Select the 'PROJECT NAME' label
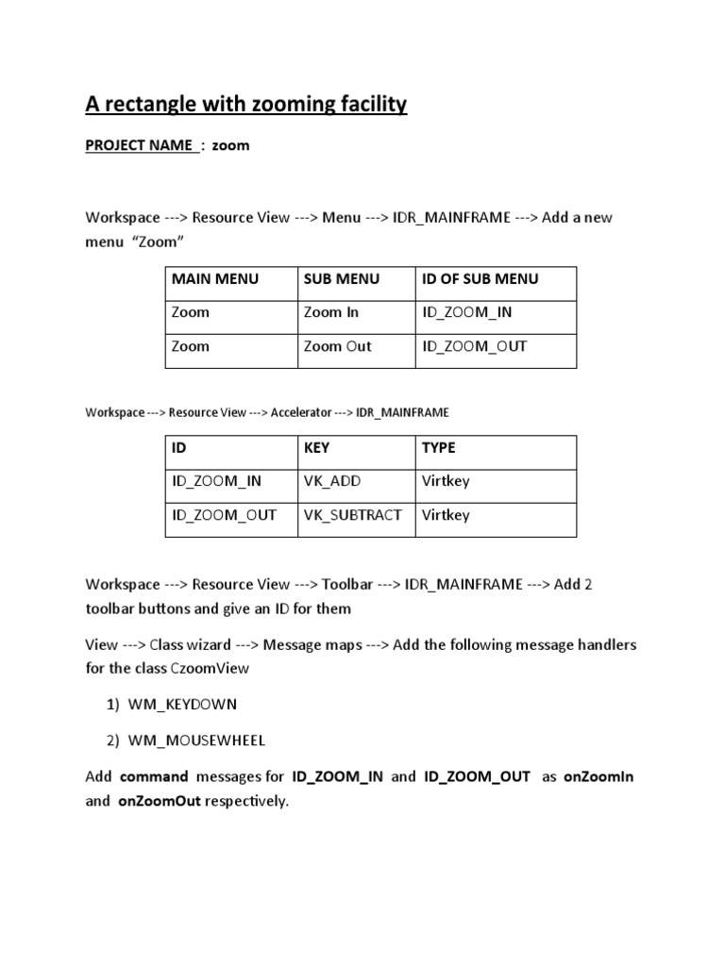click(x=140, y=146)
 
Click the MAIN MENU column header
click(x=214, y=278)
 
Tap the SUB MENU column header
click(x=341, y=278)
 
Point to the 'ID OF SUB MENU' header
click(x=481, y=278)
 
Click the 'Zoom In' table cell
click(x=331, y=312)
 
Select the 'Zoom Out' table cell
click(x=337, y=346)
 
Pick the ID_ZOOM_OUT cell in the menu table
click(x=474, y=346)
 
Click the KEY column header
click(x=316, y=447)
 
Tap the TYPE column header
click(x=438, y=447)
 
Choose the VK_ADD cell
click(x=331, y=481)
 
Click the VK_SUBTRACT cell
click(x=352, y=515)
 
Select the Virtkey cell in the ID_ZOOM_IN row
click(x=446, y=481)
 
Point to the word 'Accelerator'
click(x=301, y=412)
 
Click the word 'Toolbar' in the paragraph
click(x=347, y=584)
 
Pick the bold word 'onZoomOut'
click(x=160, y=802)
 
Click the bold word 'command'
click(x=154, y=776)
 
